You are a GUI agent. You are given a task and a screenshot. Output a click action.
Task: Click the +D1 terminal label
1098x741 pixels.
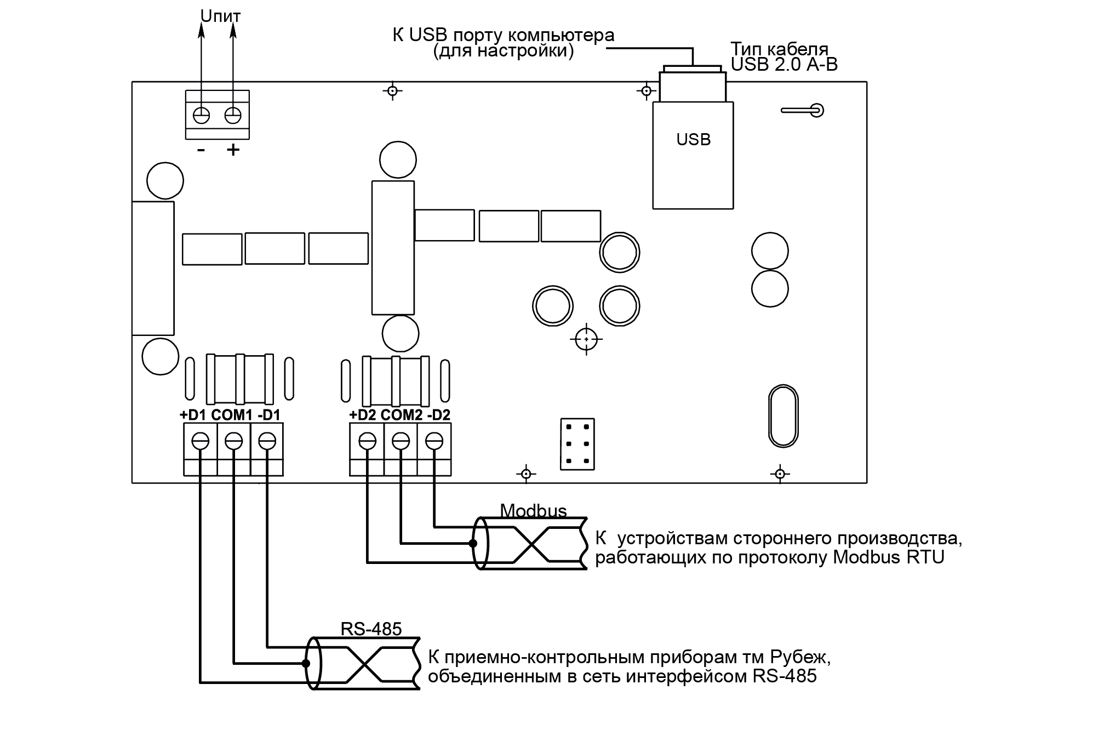click(x=192, y=415)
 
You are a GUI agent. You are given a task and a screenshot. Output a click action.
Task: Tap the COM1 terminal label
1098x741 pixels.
click(x=232, y=415)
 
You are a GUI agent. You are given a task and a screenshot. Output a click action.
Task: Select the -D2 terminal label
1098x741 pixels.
click(x=438, y=415)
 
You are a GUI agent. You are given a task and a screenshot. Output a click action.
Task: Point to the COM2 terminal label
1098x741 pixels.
click(x=402, y=415)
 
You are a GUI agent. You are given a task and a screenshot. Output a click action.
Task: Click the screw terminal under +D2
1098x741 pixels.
click(x=367, y=441)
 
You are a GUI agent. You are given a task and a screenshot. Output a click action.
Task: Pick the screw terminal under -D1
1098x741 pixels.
click(x=267, y=441)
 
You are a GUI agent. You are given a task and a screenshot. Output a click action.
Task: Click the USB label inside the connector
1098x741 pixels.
click(x=693, y=140)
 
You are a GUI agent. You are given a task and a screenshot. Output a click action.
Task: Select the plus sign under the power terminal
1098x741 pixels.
click(x=233, y=150)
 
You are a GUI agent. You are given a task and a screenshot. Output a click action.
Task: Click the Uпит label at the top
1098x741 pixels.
click(x=220, y=16)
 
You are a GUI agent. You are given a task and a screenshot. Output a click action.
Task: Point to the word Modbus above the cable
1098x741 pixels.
click(x=533, y=511)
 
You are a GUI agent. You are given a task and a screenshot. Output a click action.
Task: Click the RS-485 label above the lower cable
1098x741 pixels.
click(x=371, y=629)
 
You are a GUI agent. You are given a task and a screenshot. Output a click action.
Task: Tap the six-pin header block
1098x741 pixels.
click(x=577, y=444)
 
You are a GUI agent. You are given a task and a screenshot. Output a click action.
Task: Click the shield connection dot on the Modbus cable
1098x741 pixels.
click(x=472, y=544)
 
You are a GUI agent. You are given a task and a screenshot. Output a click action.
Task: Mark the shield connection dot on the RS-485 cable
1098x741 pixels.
click(x=306, y=664)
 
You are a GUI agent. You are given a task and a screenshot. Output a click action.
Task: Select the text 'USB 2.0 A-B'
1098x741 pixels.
click(x=784, y=65)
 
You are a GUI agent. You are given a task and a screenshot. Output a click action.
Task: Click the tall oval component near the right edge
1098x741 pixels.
click(x=784, y=417)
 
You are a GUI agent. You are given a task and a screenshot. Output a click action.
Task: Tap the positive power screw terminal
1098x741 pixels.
click(x=233, y=116)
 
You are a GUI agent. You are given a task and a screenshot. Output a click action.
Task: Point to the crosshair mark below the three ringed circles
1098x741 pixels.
click(x=586, y=340)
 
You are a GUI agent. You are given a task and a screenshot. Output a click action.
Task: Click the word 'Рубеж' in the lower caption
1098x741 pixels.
click(x=799, y=657)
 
